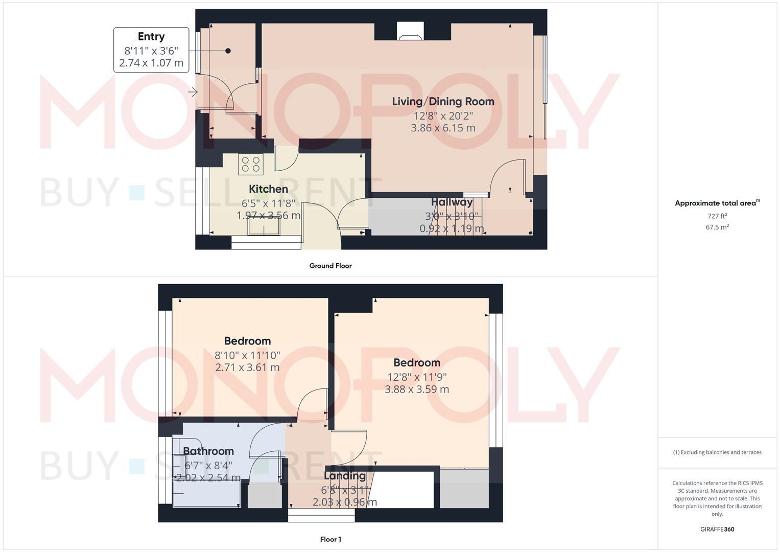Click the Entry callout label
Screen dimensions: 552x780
tap(151, 37)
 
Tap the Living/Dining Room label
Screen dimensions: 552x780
tap(443, 101)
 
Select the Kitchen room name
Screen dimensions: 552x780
tap(268, 189)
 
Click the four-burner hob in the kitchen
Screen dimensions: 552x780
tap(250, 164)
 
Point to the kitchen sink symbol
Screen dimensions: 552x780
tap(265, 225)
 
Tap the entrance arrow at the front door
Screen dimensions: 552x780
tap(193, 92)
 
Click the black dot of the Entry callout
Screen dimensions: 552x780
tap(228, 51)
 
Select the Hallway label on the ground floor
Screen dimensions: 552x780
tap(452, 202)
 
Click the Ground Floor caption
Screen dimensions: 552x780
tap(330, 266)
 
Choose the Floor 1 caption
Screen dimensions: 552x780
tap(330, 539)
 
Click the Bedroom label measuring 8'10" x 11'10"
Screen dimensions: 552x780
tap(247, 341)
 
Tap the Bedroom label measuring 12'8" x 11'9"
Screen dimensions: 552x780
tap(417, 363)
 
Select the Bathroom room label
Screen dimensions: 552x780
tap(208, 451)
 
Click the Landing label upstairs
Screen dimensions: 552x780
tap(345, 476)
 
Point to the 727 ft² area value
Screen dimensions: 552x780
tap(717, 216)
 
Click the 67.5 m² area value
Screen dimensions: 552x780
tap(717, 227)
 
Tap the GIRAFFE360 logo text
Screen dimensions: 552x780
tap(717, 530)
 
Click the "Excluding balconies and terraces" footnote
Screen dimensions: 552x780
tap(717, 452)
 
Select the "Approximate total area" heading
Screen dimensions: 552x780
tap(715, 203)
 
